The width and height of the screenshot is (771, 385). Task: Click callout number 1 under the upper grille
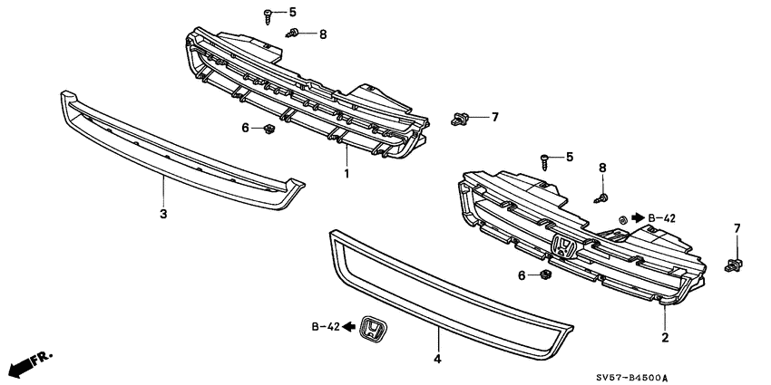point(346,171)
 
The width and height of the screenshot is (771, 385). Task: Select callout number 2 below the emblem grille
point(665,337)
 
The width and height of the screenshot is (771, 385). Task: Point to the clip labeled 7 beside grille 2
point(734,265)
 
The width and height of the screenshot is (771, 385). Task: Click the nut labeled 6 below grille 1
point(269,130)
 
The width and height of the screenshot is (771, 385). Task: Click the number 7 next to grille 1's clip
point(494,116)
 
